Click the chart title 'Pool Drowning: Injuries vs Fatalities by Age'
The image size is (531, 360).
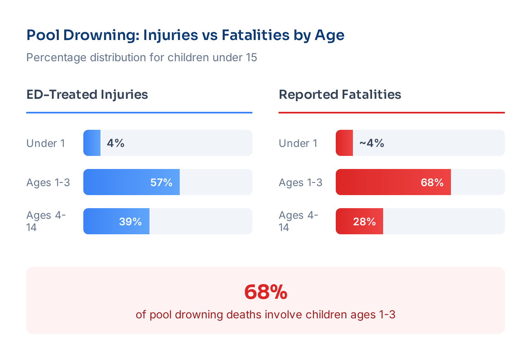[x=185, y=35]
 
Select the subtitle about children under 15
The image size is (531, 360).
[x=142, y=58]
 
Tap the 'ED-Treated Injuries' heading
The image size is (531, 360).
[x=87, y=95]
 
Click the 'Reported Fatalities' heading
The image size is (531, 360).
[x=340, y=95]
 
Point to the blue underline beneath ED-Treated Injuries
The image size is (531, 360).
[x=139, y=113]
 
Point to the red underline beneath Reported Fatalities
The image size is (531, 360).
[x=391, y=113]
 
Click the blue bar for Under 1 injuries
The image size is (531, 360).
[x=92, y=143]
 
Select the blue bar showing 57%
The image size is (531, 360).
[x=131, y=182]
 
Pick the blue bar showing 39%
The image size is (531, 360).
[x=116, y=221]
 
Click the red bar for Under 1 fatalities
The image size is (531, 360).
[x=344, y=143]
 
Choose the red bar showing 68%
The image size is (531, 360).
[x=393, y=182]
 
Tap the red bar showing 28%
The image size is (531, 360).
[x=359, y=221]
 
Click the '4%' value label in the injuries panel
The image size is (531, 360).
[x=116, y=143]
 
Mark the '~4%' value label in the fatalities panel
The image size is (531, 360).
[x=371, y=143]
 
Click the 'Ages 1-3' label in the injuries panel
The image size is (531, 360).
[x=48, y=182]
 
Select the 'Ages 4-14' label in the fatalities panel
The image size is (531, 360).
[x=298, y=221]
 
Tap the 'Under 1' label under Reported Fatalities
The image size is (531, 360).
[x=298, y=143]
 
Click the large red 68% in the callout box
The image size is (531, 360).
[x=265, y=292]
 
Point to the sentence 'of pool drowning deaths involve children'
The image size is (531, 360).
[x=265, y=315]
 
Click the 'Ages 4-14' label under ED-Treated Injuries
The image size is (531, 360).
[x=46, y=221]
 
